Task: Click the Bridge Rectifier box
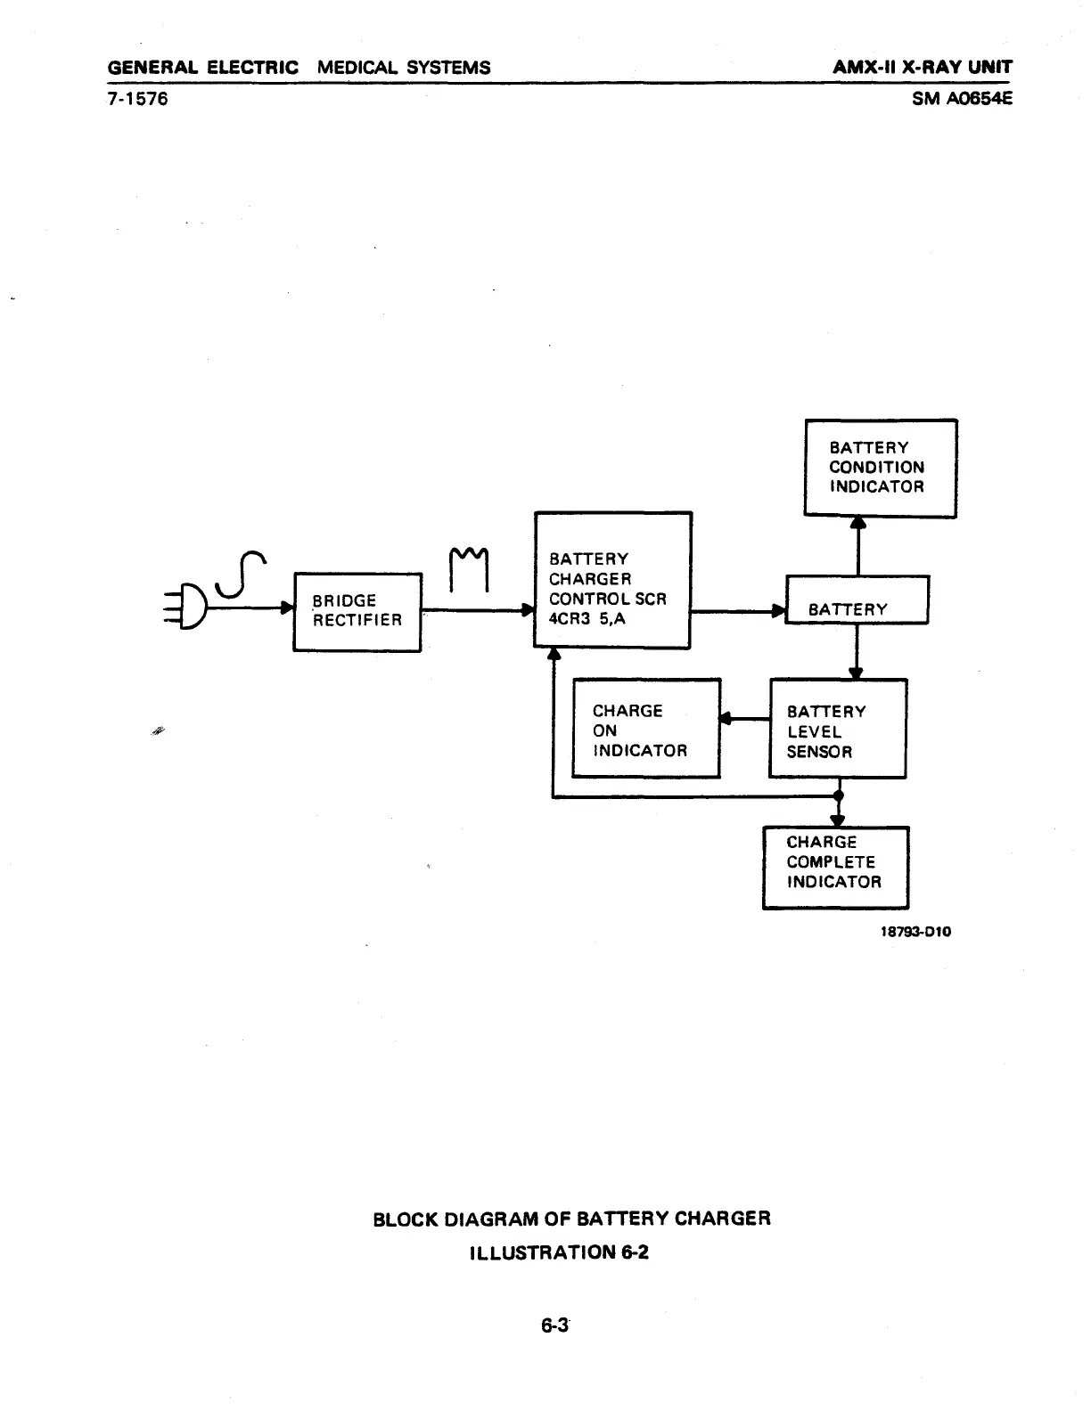(x=357, y=612)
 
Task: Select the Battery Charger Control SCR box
(x=612, y=580)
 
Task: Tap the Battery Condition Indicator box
(x=880, y=468)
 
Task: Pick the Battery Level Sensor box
(x=837, y=729)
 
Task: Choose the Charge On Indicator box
(x=645, y=728)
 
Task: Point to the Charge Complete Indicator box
(x=835, y=868)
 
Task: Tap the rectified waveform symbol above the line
(x=469, y=568)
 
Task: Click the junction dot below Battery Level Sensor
(x=838, y=796)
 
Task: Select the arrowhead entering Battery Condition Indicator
(x=857, y=524)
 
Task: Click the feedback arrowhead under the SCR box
(x=553, y=655)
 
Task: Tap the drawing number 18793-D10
(x=915, y=932)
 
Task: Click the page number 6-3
(x=554, y=1325)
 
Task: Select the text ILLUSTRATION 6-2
(x=559, y=1252)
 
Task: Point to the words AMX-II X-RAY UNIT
(x=923, y=68)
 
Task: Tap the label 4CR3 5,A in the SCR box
(x=587, y=618)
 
